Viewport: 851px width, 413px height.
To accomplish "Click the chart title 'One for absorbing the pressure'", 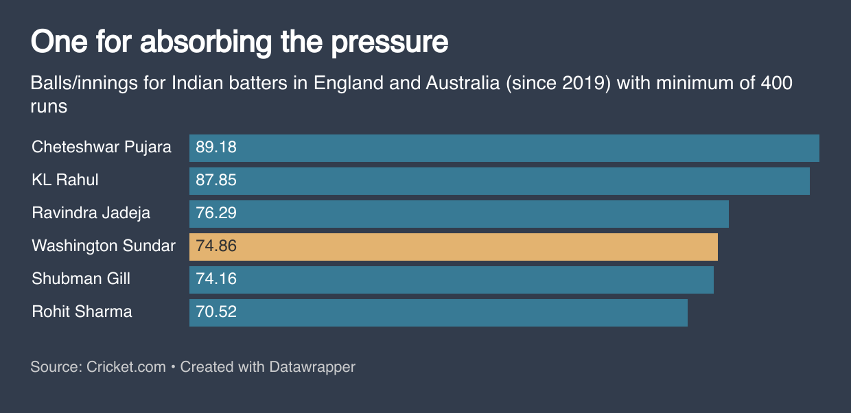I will click(x=240, y=43).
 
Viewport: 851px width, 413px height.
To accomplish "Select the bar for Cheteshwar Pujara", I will click(x=504, y=148).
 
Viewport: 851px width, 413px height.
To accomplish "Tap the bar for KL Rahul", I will click(x=499, y=180).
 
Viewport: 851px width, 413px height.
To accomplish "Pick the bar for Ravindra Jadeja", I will click(x=458, y=213).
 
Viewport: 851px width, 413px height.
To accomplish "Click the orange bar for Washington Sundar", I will click(x=453, y=246).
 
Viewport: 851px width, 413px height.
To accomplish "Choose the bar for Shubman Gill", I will click(x=451, y=279).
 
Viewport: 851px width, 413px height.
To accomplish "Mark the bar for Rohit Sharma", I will click(x=438, y=312).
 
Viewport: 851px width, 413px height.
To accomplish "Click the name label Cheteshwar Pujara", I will click(x=102, y=147).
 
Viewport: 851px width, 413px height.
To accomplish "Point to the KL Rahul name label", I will click(x=65, y=180).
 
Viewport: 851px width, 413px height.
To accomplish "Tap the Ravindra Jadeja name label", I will click(x=91, y=213).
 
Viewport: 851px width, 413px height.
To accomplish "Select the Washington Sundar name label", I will click(x=104, y=246).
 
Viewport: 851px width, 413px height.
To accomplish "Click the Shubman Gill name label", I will click(x=81, y=279).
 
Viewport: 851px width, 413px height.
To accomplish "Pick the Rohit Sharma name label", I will click(x=82, y=312).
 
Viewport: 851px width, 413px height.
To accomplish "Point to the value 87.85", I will click(x=216, y=180).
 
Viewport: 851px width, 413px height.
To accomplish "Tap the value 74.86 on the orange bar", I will click(x=216, y=246).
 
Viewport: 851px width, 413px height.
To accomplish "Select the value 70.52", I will click(x=216, y=312).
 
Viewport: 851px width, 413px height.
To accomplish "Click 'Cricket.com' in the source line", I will click(x=126, y=367).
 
